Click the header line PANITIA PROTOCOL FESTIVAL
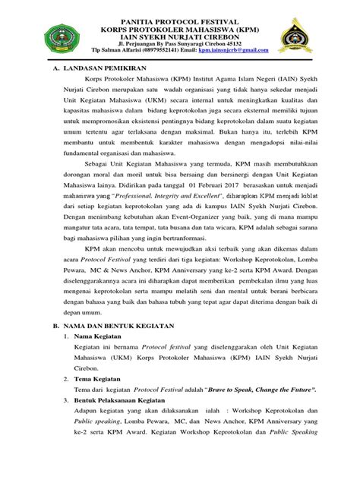pyautogui.click(x=180, y=17)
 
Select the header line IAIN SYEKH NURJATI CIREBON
pyautogui.click(x=180, y=34)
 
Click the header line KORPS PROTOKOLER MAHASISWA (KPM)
pyautogui.click(x=180, y=25)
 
